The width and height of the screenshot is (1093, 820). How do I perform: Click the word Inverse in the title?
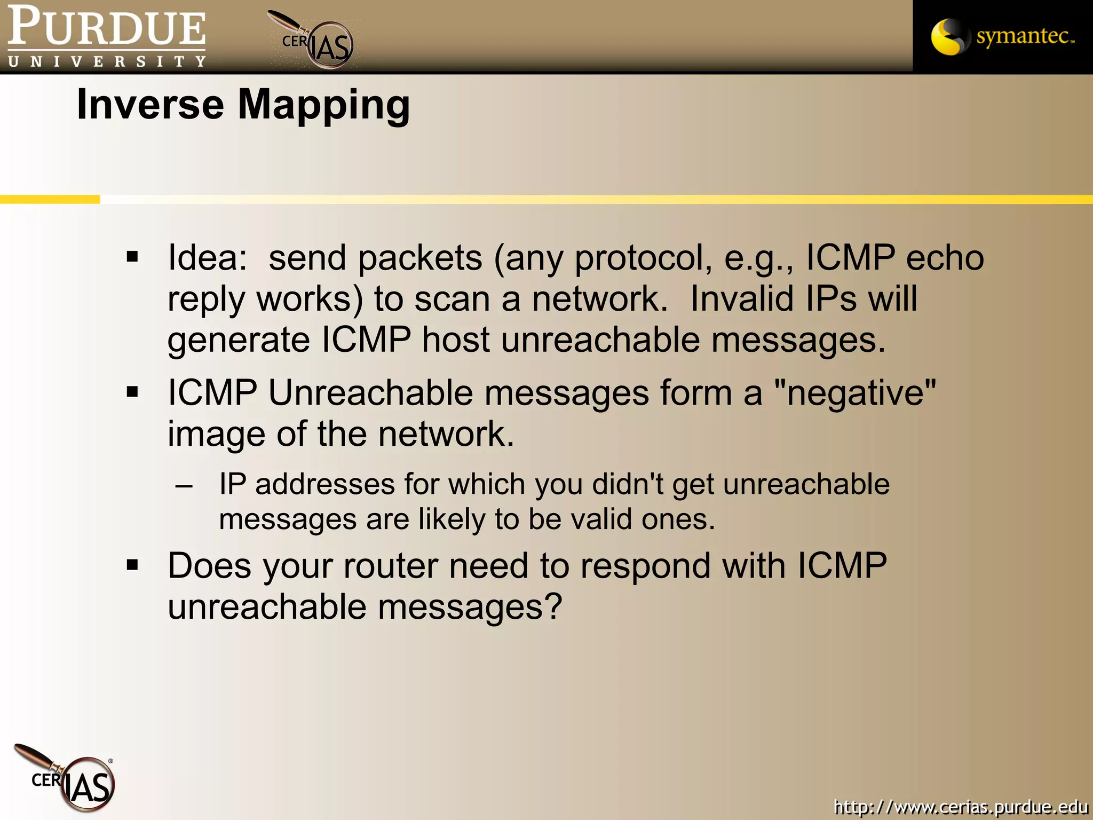click(150, 104)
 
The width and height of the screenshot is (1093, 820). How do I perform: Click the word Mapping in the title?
click(324, 105)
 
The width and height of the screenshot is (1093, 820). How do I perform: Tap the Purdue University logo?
click(106, 37)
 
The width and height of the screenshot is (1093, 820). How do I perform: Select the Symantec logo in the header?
click(1002, 36)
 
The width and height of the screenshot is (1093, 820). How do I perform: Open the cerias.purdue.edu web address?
click(961, 807)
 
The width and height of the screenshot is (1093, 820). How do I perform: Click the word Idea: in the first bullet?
click(208, 257)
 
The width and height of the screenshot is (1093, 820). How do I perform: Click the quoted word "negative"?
click(854, 393)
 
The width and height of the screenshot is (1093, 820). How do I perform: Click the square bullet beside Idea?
click(132, 257)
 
